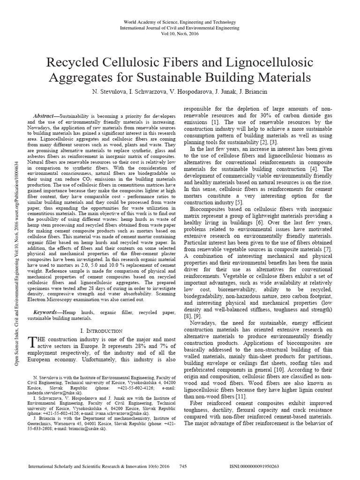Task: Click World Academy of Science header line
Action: pos(180,22)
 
